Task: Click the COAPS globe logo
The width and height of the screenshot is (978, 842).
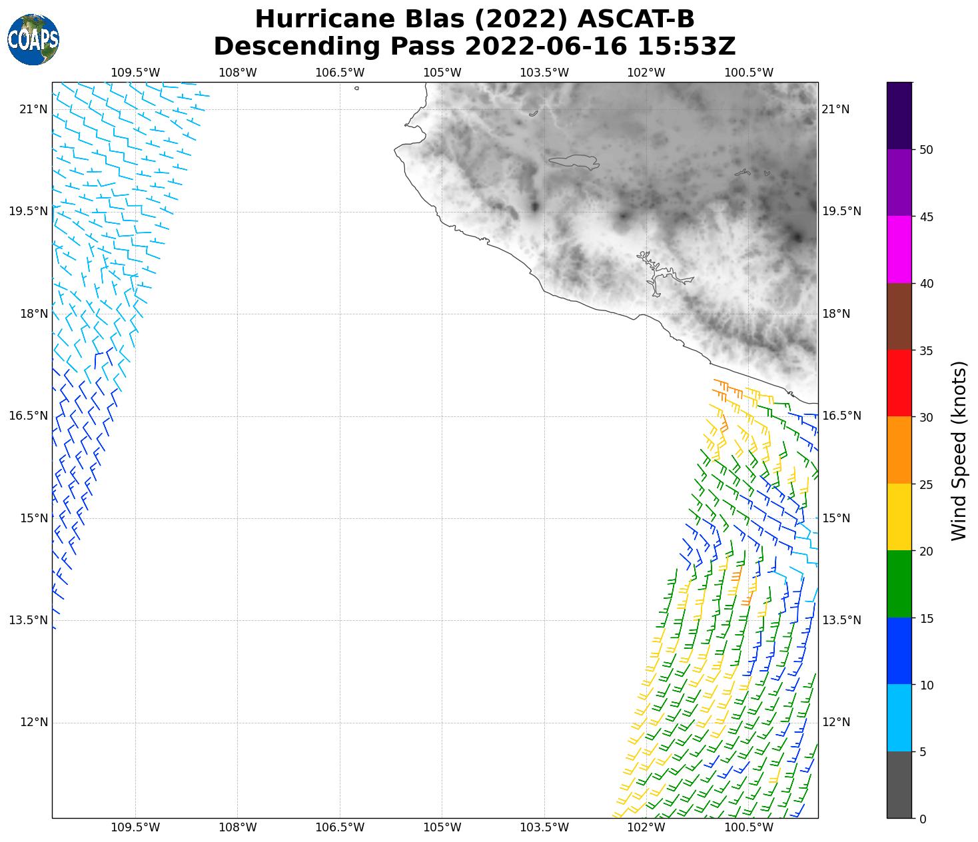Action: pos(33,40)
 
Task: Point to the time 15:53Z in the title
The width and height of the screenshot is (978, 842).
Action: pos(686,47)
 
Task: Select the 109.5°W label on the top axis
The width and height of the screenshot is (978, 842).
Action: pos(135,73)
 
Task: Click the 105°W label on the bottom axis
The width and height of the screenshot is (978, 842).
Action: pos(442,828)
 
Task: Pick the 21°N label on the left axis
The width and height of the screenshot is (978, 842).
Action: pos(33,109)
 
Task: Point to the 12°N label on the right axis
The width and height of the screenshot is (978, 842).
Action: pos(837,723)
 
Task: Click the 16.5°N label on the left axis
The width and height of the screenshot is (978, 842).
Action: pos(29,416)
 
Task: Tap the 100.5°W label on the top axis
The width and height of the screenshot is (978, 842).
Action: pos(749,73)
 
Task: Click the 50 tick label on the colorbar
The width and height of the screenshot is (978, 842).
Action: pos(926,150)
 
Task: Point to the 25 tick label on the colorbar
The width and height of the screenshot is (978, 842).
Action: pos(926,484)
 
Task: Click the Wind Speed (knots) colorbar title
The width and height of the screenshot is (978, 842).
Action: pos(959,451)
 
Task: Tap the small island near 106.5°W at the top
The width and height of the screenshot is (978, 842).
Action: pos(357,88)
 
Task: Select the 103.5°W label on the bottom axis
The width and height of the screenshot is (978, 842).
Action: pos(544,828)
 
